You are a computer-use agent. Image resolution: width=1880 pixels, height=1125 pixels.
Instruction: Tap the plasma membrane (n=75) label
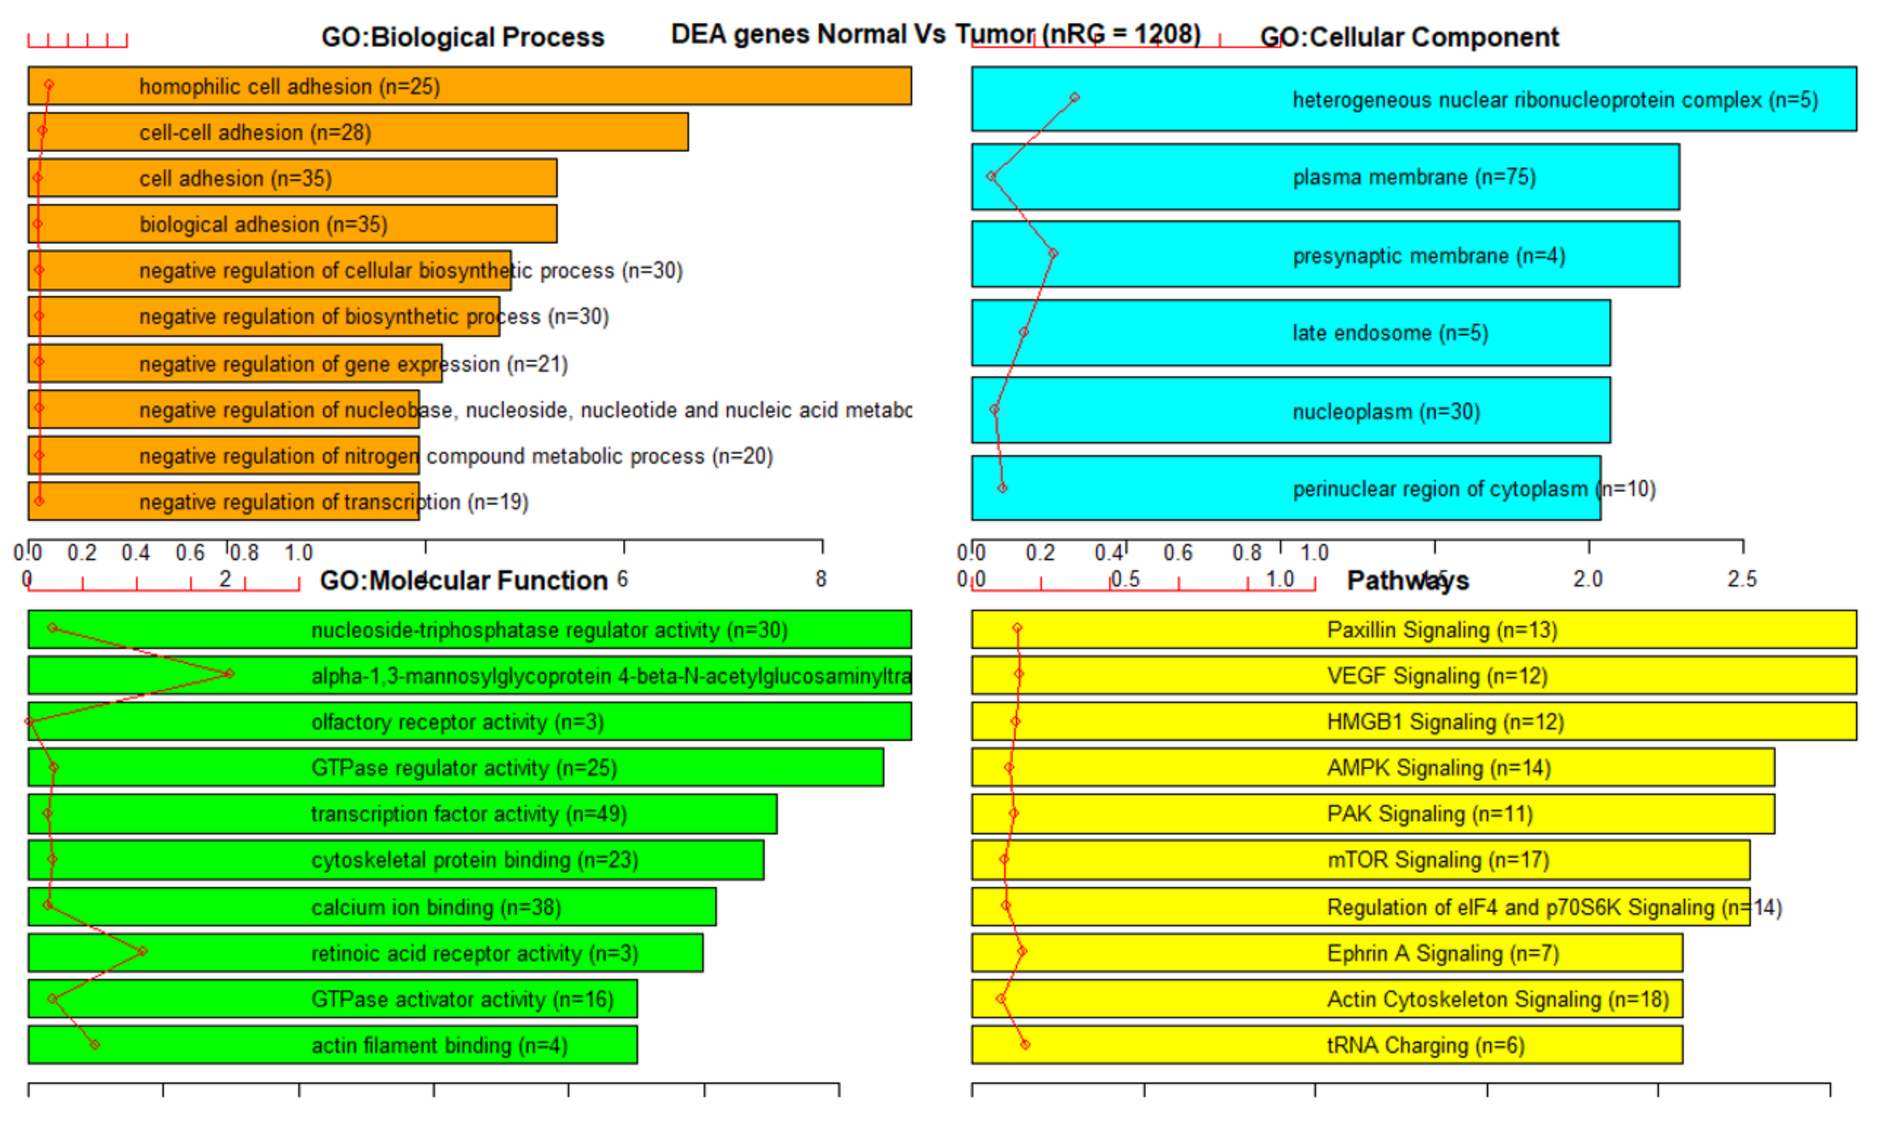pyautogui.click(x=1413, y=177)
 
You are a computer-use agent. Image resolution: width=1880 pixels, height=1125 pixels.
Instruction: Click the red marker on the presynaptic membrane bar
pyautogui.click(x=1053, y=253)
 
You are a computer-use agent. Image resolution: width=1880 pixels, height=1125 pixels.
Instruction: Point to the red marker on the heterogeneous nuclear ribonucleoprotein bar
pyautogui.click(x=1074, y=97)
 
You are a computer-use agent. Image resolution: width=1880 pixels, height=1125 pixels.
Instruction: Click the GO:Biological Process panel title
pyautogui.click(x=462, y=36)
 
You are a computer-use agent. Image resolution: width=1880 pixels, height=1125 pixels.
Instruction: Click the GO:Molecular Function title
pyautogui.click(x=463, y=580)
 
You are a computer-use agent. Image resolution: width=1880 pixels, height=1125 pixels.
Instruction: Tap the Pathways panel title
pyautogui.click(x=1407, y=580)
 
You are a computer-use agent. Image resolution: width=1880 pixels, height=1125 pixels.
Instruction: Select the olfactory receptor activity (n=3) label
pyautogui.click(x=457, y=722)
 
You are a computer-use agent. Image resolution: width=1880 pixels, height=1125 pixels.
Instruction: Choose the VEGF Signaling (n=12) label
pyautogui.click(x=1437, y=676)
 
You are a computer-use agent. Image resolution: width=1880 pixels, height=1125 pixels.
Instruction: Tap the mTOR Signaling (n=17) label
pyautogui.click(x=1438, y=860)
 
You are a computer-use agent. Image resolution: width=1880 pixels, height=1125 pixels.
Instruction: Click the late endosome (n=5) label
pyautogui.click(x=1390, y=332)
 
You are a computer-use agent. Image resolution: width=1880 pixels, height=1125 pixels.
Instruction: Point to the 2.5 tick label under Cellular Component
pyautogui.click(x=1741, y=579)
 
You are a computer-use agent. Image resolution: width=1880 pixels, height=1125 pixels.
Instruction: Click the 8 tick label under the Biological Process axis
pyautogui.click(x=820, y=579)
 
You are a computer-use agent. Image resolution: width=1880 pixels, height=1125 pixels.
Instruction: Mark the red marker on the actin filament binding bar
pyautogui.click(x=94, y=1044)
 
